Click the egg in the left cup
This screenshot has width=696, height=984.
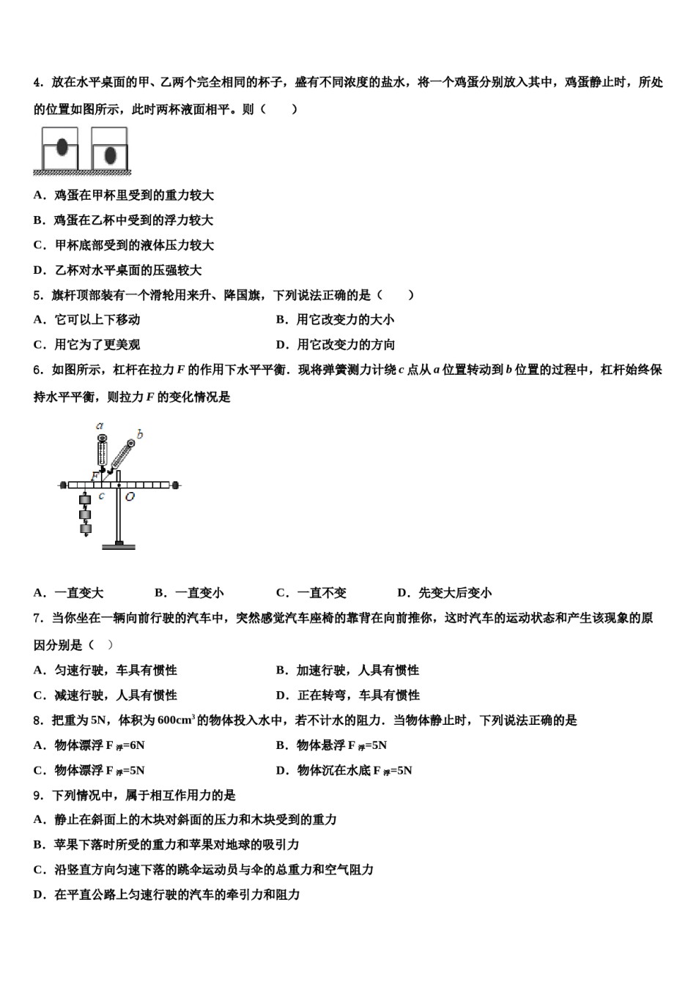62,147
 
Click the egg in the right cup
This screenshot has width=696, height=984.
111,155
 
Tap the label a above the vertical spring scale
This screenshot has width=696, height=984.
100,425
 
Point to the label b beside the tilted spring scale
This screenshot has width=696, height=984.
139,435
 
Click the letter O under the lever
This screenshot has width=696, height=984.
129,497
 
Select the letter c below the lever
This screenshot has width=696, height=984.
102,496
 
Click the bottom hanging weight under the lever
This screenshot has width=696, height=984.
86,529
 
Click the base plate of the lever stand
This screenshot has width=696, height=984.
119,545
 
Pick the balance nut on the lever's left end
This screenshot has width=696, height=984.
64,484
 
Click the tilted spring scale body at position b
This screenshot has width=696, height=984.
120,457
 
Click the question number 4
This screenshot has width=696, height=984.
37,83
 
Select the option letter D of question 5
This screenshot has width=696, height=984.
281,345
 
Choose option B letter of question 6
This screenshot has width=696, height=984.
159,593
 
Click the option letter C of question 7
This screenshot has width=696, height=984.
38,696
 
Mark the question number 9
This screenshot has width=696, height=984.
37,795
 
